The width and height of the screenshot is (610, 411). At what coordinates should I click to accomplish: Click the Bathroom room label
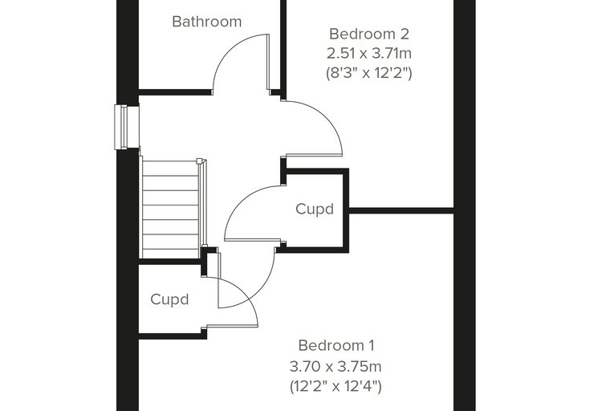point(206,22)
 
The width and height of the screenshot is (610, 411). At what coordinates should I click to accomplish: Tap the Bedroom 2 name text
point(368,34)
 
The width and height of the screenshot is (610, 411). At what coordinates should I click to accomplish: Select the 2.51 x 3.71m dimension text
point(368,53)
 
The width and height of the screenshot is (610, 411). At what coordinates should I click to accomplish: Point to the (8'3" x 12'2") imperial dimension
point(368,73)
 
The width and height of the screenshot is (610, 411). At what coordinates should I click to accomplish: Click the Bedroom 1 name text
point(336,345)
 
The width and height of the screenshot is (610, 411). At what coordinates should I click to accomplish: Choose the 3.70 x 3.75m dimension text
point(335,366)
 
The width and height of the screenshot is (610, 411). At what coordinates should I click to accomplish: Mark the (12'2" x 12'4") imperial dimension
point(335,386)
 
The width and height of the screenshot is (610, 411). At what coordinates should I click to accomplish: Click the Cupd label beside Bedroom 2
point(315,210)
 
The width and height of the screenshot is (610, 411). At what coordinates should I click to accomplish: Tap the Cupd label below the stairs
point(169,299)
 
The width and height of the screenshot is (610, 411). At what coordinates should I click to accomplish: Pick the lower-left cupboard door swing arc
point(244,293)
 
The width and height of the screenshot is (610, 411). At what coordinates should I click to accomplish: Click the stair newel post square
point(199,161)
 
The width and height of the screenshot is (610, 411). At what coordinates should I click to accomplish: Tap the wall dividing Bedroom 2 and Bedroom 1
point(401,210)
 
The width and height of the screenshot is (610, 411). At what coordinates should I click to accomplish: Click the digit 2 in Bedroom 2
point(405,34)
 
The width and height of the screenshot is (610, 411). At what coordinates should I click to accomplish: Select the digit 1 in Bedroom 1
point(371,345)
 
